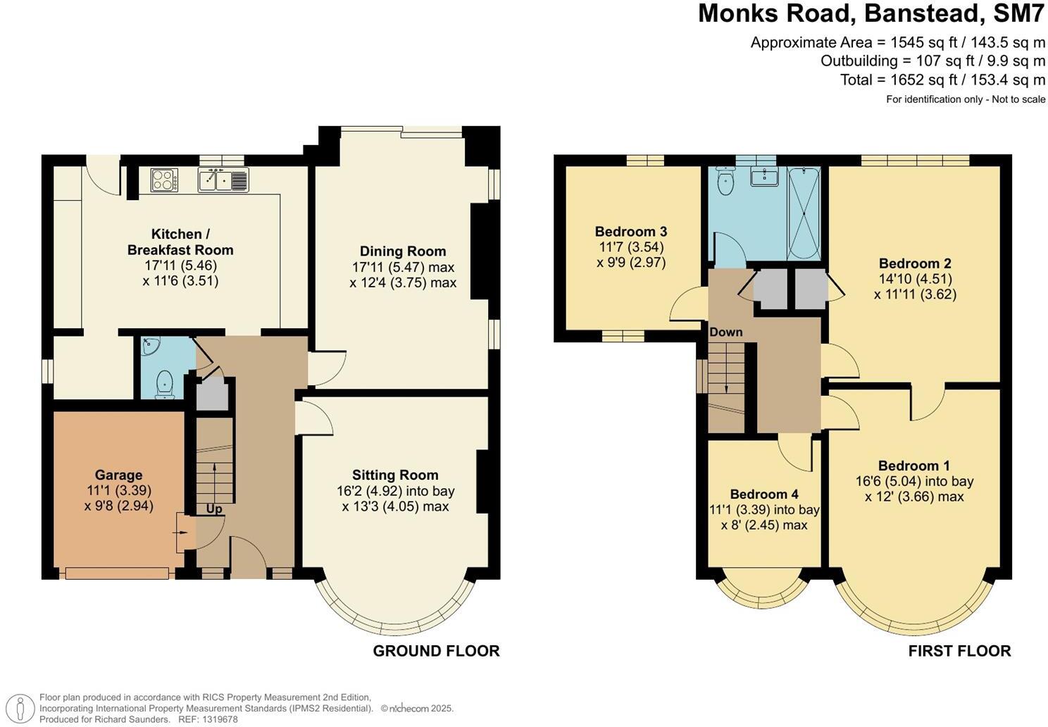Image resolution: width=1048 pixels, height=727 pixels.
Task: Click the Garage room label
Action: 118,476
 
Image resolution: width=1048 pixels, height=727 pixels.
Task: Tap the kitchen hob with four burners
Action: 164,180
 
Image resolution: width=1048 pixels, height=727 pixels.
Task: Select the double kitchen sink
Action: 223,180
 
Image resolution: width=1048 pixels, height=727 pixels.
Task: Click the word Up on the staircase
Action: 214,509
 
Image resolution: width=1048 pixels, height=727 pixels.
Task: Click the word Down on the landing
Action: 725,332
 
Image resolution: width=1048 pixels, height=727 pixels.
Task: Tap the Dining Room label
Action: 402,251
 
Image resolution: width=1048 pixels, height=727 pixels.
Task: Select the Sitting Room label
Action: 395,476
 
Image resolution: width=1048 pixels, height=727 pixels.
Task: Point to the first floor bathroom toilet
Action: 725,182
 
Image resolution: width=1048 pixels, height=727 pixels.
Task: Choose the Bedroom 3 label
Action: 630,232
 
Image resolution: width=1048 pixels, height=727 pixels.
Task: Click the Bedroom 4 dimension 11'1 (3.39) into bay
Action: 764,510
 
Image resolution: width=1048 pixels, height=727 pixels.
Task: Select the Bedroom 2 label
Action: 915,264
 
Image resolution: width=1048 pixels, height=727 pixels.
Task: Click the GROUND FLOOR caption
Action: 436,651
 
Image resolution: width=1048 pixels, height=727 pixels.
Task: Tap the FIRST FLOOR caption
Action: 959,651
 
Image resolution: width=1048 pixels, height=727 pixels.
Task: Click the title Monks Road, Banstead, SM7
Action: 871,14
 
